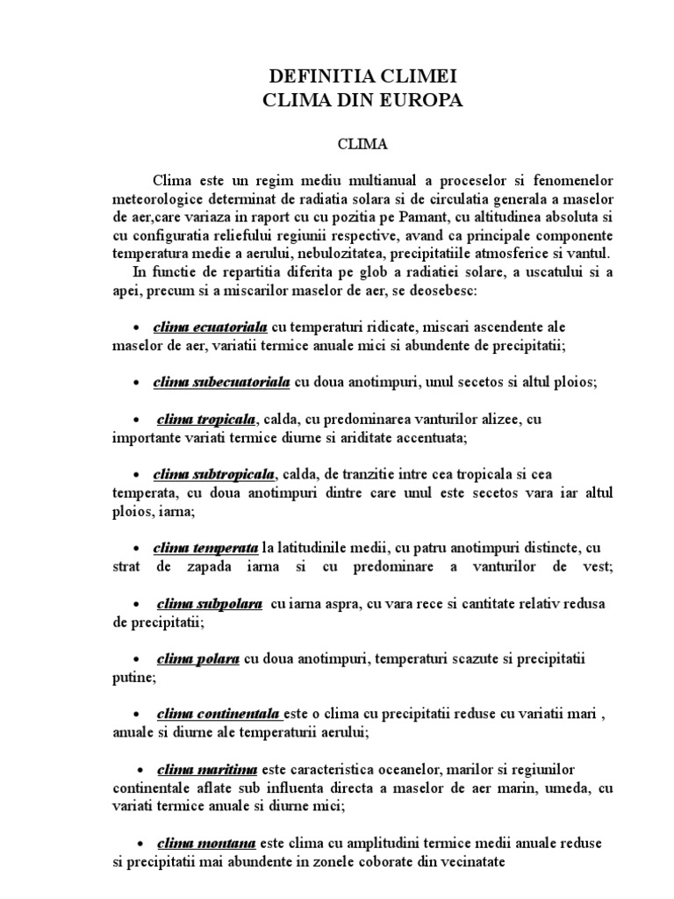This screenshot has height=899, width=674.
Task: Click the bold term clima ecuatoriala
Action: point(211,327)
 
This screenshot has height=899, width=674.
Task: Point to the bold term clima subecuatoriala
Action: point(221,383)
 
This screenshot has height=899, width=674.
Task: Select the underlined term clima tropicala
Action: point(207,419)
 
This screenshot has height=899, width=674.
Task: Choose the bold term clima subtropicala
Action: point(214,475)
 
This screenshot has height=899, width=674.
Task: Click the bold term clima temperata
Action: point(205,549)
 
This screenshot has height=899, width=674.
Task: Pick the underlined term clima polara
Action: point(198,659)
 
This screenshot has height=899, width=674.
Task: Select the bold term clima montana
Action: point(206,843)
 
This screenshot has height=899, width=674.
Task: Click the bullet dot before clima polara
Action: point(138,660)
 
